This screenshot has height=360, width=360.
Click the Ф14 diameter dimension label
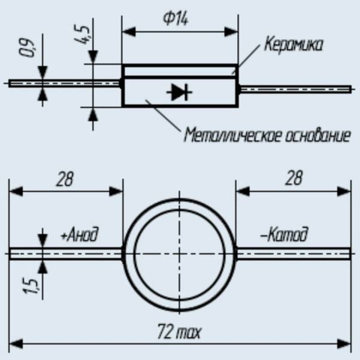175,19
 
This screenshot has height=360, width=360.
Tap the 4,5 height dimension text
82,34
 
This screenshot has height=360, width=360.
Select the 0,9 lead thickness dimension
26,48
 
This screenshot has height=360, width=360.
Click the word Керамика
293,44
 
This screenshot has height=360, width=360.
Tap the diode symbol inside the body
179,92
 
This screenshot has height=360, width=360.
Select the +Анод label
79,234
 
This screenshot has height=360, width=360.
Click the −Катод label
284,234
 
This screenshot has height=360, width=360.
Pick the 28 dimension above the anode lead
64,179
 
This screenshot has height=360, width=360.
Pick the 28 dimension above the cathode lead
293,178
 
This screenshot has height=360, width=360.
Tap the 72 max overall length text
179,331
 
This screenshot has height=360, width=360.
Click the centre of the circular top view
179,254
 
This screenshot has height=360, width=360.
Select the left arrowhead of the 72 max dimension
16,344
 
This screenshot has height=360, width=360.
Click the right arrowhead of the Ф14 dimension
231,31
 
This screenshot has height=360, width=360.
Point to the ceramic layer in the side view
179,71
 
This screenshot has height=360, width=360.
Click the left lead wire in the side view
64,83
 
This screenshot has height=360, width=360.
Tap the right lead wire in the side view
295,89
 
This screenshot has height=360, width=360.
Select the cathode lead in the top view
293,254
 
